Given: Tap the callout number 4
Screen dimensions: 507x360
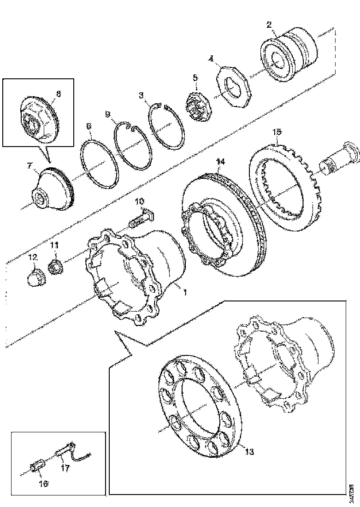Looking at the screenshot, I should [x=211, y=59].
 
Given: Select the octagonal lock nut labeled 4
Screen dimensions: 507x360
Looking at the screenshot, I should [x=236, y=87].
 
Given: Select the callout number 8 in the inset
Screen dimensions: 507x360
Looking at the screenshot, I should [x=58, y=94].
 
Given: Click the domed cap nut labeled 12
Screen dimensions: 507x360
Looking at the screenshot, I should [x=35, y=276].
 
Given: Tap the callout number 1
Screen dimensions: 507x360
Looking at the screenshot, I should [x=184, y=292].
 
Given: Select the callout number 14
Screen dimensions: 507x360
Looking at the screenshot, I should [x=221, y=162].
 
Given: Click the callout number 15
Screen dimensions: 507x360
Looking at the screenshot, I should [x=276, y=133].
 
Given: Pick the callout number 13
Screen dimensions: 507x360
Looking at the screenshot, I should [x=248, y=452].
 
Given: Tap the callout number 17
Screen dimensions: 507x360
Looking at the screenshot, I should [x=65, y=468].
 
